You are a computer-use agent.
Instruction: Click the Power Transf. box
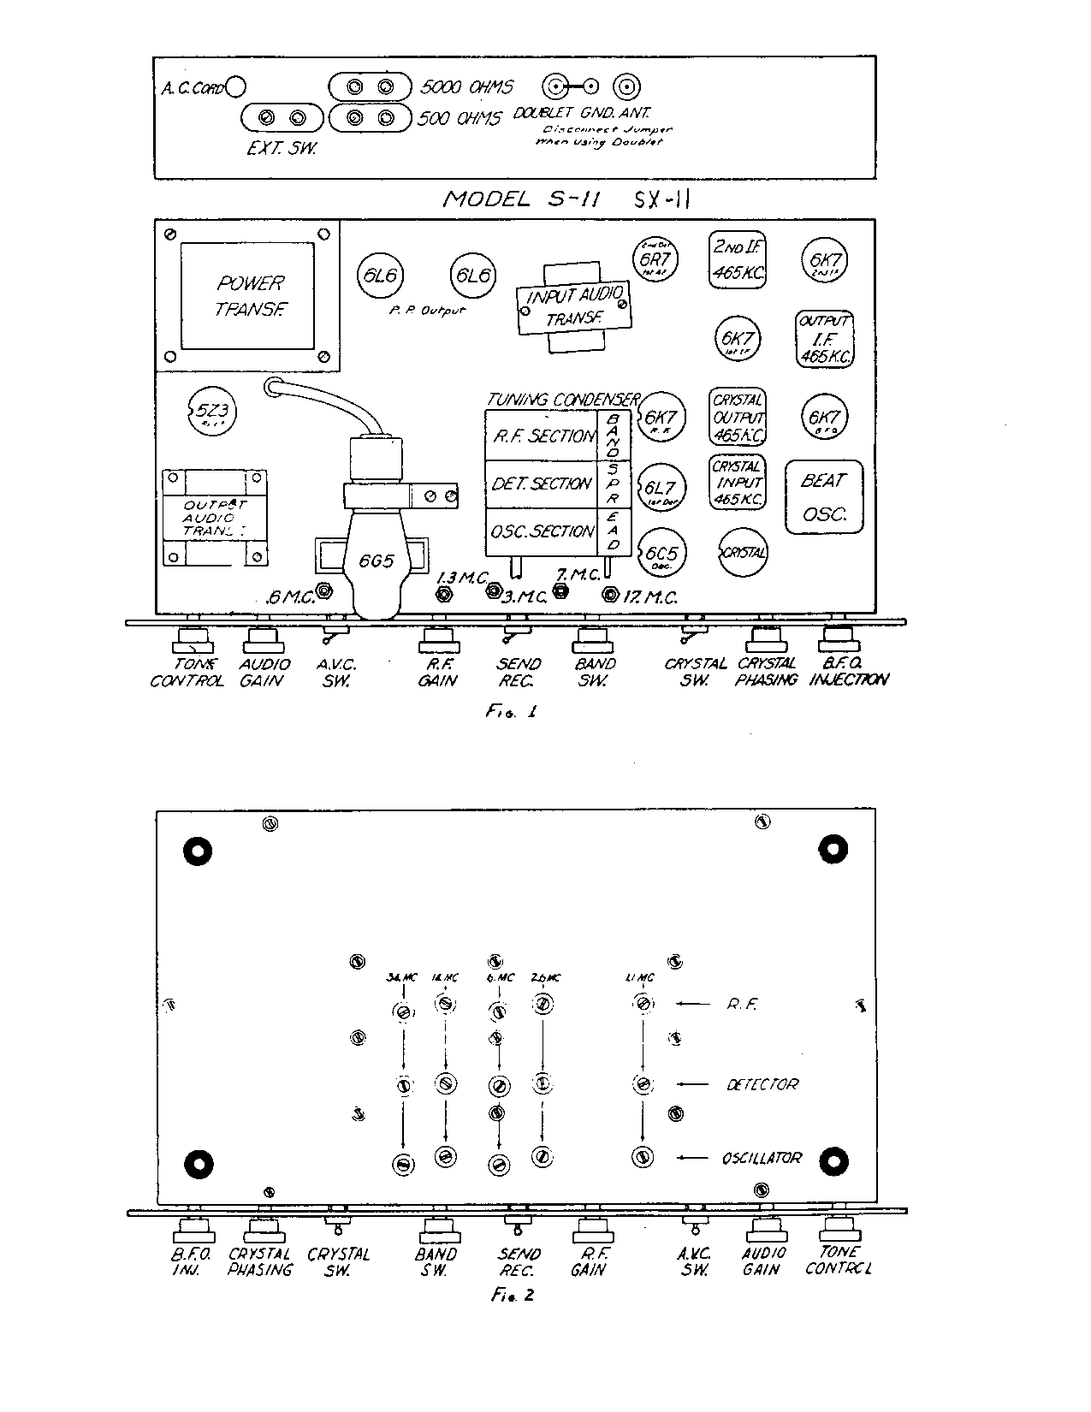coord(248,295)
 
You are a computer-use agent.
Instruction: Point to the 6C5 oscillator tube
coord(661,551)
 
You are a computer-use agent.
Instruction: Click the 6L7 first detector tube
coord(660,487)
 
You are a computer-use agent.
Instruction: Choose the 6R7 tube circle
coord(654,257)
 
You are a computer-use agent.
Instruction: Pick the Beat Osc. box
coord(823,497)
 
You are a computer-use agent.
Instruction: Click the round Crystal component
coord(743,552)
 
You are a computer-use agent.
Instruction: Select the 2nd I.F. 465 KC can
coord(738,259)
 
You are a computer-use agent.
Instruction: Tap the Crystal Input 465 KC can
coord(737,483)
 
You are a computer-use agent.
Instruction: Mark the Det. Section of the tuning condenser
coord(543,484)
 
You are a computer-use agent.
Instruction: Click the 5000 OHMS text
coord(467,86)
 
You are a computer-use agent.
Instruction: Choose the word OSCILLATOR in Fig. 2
coord(762,1158)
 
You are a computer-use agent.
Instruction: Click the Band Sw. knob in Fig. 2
coord(437,1230)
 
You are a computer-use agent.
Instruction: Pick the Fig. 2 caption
coord(513,1295)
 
